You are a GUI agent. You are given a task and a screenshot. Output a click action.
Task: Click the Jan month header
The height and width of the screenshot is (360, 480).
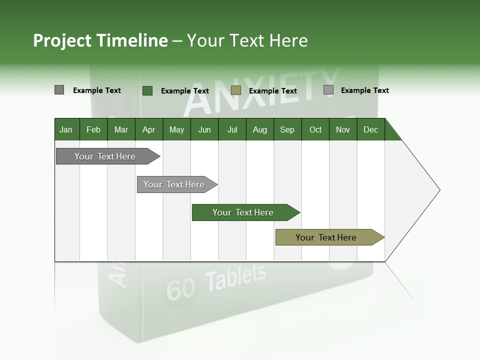(66, 130)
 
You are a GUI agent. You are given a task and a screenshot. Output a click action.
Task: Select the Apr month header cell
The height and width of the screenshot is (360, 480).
(148, 130)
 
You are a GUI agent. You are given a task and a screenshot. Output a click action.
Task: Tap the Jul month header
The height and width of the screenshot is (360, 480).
(232, 130)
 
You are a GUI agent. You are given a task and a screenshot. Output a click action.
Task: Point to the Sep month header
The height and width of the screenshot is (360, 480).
(287, 130)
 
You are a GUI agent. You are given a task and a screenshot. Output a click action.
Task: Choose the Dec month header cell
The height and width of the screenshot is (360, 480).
(370, 130)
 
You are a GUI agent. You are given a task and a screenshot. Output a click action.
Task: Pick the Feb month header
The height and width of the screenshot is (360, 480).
(93, 130)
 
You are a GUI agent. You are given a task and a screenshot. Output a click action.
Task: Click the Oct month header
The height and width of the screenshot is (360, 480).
(315, 130)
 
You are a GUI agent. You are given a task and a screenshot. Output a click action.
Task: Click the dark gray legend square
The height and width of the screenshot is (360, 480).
(59, 90)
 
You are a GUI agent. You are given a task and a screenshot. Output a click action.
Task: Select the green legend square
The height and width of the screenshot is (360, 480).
(147, 90)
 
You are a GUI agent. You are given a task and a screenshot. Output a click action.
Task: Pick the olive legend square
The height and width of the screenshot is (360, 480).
(236, 90)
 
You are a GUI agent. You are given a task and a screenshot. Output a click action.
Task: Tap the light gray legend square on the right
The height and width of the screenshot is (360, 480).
(328, 90)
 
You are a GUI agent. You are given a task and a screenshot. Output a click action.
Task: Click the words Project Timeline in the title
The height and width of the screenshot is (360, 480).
(100, 40)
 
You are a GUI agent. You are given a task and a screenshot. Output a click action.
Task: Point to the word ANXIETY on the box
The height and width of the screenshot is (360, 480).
(260, 92)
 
